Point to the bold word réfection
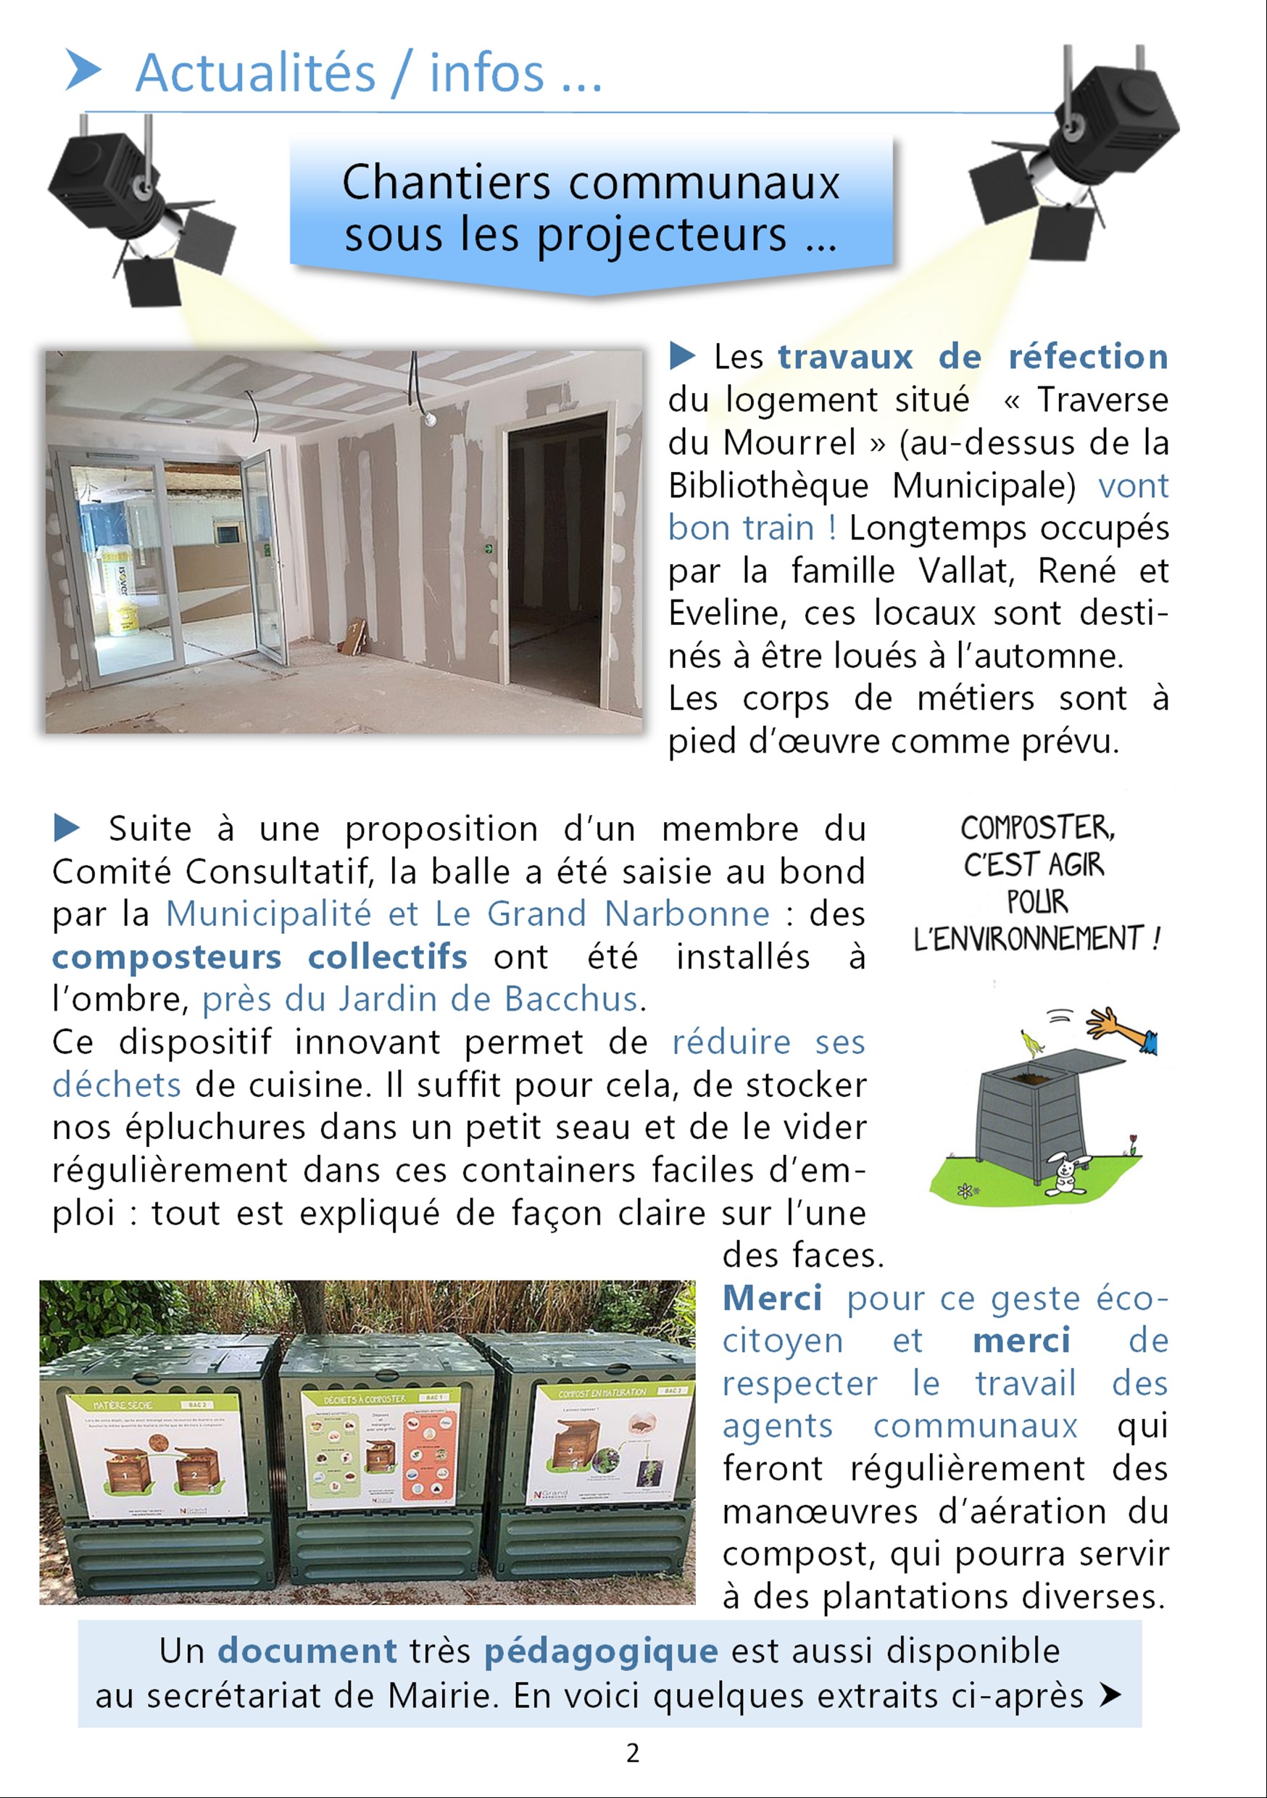1088,357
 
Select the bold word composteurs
166,957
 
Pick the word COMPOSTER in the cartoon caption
1037,828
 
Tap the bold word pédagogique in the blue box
601,1651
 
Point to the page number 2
633,1752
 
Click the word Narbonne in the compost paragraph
686,914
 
